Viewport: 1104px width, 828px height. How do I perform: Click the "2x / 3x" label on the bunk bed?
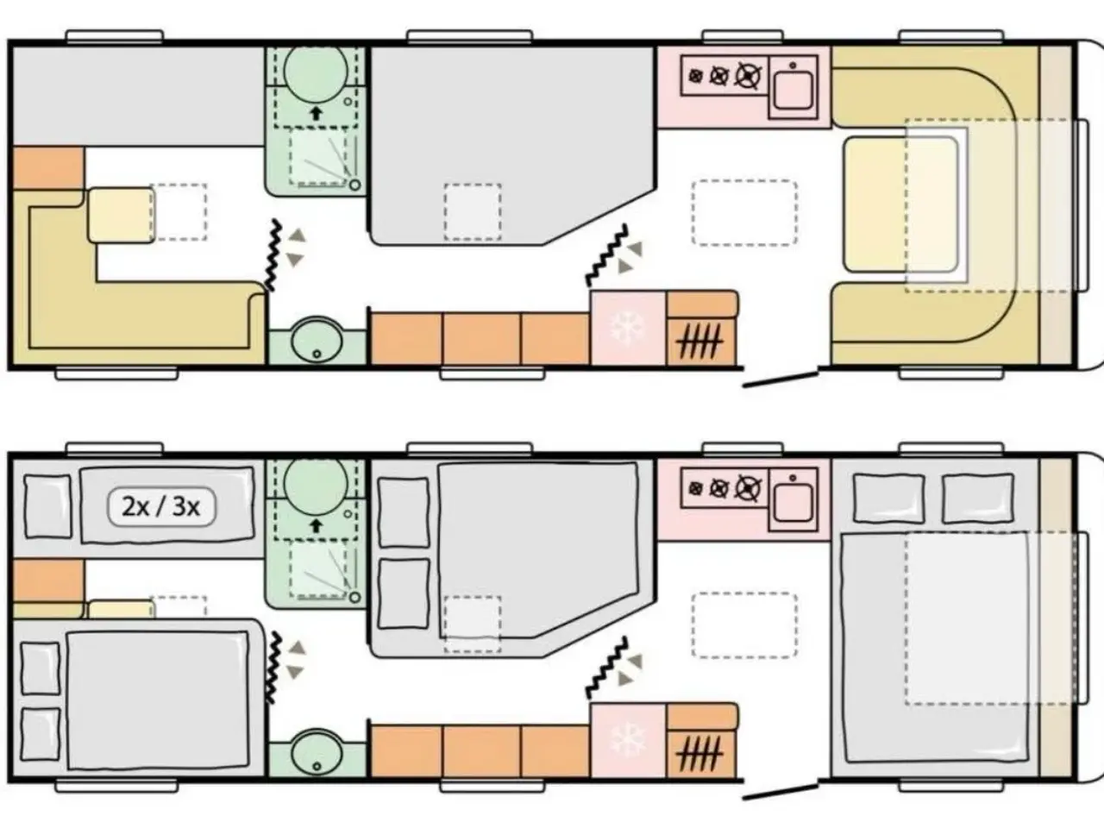tap(162, 507)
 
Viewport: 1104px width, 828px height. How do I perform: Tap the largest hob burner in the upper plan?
tap(748, 76)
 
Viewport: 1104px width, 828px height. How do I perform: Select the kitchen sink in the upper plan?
tap(793, 90)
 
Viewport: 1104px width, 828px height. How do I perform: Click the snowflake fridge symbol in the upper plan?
tap(627, 329)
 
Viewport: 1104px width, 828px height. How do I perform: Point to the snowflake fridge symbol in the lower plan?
tap(627, 741)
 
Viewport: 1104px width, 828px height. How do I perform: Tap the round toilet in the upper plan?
tap(316, 71)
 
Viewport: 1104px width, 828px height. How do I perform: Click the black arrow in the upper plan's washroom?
tap(316, 113)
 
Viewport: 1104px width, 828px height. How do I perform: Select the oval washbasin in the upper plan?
tap(317, 341)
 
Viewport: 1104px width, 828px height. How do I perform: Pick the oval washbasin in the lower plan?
tap(317, 753)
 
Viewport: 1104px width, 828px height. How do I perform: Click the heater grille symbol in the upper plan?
tap(700, 342)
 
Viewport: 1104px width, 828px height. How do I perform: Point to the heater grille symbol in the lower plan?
tap(700, 754)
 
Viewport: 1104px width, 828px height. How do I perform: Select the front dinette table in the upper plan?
tap(900, 204)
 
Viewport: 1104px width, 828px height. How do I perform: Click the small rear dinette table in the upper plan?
tap(122, 215)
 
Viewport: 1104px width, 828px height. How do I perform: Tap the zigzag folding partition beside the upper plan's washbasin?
tap(274, 255)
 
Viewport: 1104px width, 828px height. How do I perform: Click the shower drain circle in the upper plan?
tap(355, 185)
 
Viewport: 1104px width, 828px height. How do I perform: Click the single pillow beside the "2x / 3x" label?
tap(47, 507)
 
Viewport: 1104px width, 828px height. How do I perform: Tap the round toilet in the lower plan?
tap(316, 483)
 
